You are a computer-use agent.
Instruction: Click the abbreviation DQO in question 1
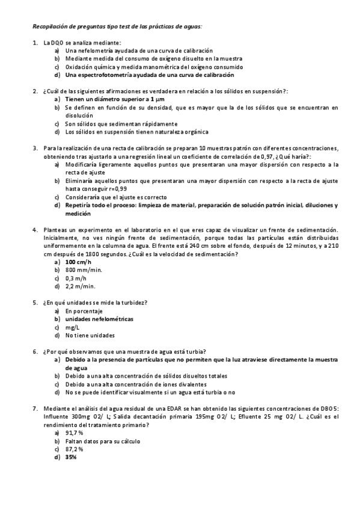pyautogui.click(x=58, y=43)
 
